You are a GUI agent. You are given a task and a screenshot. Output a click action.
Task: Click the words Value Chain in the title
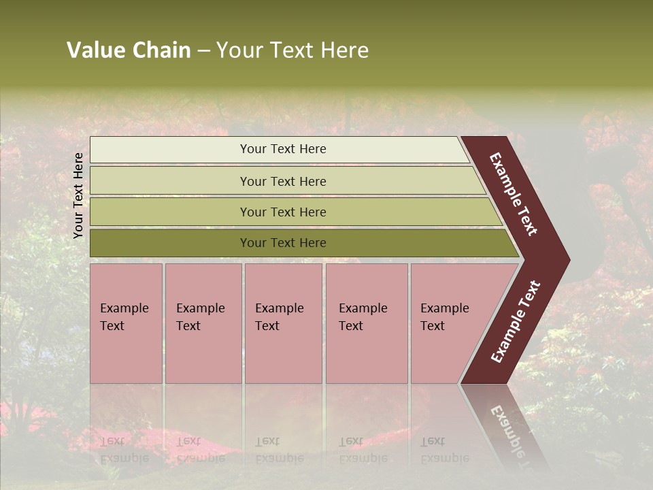(129, 50)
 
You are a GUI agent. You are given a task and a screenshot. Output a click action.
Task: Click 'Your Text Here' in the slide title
(292, 50)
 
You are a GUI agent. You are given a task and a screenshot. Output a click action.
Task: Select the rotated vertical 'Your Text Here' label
(78, 195)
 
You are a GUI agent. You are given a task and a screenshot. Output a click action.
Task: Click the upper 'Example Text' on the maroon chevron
(514, 194)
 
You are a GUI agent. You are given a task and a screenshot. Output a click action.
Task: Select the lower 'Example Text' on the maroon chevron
(516, 322)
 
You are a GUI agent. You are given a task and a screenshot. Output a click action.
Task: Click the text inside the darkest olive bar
(283, 243)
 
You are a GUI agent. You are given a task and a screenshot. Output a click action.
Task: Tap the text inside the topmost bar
(283, 149)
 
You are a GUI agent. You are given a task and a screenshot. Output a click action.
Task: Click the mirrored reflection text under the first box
(124, 450)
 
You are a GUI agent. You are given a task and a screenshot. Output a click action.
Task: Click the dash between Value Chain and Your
(203, 51)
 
